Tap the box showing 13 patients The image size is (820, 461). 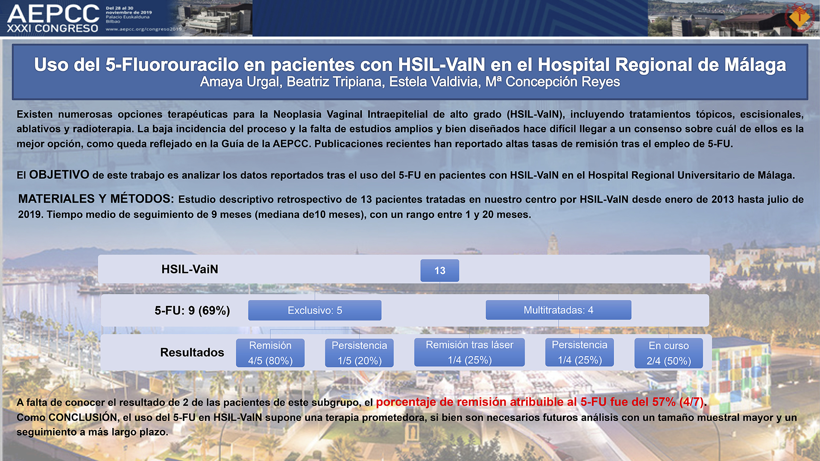coord(439,270)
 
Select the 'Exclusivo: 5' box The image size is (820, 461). coord(315,310)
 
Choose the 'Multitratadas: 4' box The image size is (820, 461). coord(558,310)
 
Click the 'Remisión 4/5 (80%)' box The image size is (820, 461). coord(270,353)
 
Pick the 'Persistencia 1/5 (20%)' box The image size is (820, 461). coord(359,353)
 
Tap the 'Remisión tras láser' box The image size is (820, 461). coord(469,352)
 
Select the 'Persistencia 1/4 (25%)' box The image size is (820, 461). coord(580,352)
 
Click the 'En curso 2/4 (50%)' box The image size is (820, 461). coord(668,353)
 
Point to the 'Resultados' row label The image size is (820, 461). coord(192,352)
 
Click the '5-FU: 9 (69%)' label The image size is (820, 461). coord(192,311)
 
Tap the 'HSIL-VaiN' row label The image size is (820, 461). coord(190,269)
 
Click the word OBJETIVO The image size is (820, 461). coord(59,174)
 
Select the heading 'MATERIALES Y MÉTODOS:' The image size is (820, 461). coord(96,199)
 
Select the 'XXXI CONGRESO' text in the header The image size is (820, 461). coord(52,29)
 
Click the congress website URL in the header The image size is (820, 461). coord(143,29)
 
